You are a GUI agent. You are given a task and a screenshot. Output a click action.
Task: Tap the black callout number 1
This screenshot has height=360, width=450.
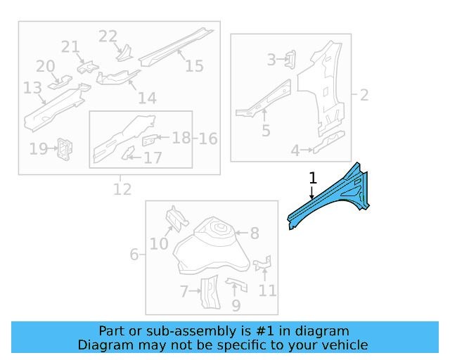click(x=312, y=179)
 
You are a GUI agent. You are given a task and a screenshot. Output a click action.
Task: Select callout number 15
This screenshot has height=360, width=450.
click(x=194, y=65)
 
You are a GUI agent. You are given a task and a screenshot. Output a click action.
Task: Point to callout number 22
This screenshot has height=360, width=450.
click(x=108, y=37)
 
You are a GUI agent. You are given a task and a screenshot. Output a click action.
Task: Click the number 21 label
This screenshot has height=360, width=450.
click(x=70, y=47)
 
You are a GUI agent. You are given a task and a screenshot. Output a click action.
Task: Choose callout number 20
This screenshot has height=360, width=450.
click(x=46, y=66)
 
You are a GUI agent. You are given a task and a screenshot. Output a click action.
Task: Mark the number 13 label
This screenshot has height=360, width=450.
click(x=32, y=88)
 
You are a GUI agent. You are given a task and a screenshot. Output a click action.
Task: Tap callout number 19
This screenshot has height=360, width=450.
click(x=38, y=148)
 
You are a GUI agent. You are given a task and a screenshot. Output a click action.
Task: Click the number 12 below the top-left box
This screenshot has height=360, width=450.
click(x=122, y=189)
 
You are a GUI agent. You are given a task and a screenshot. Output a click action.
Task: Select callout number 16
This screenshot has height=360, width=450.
click(x=207, y=139)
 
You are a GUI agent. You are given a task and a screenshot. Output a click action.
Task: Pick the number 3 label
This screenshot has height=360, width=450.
click(x=271, y=60)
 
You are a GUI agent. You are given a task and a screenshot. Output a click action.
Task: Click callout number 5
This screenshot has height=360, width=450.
click(x=265, y=130)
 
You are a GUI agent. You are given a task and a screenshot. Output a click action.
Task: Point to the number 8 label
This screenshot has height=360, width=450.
click(x=254, y=233)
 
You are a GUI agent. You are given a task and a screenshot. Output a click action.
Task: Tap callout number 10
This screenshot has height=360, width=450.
click(x=159, y=244)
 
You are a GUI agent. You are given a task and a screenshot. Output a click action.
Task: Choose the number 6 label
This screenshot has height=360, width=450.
click(x=134, y=254)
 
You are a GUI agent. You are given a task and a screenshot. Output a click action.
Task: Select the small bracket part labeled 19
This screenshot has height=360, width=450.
click(x=65, y=148)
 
